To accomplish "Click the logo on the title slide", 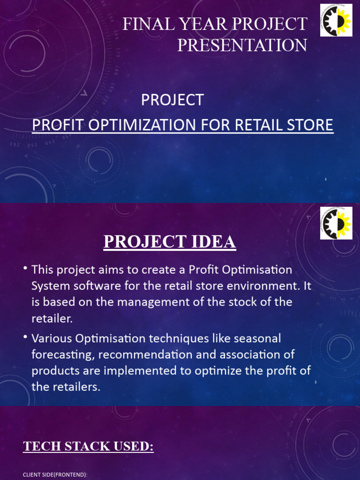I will point(336,19).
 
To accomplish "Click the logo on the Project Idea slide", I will point(336,223).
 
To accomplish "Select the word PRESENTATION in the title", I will point(242,45).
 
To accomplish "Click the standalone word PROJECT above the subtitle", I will point(172,99).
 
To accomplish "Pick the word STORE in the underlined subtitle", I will point(312,125).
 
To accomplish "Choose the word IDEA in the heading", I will point(214,242).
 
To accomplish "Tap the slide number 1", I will point(325,179).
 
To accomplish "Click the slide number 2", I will point(316,382).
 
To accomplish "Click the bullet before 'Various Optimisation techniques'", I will point(25,337).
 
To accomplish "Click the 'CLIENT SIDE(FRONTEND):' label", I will point(55,475).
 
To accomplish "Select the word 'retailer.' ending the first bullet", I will point(52,319).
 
